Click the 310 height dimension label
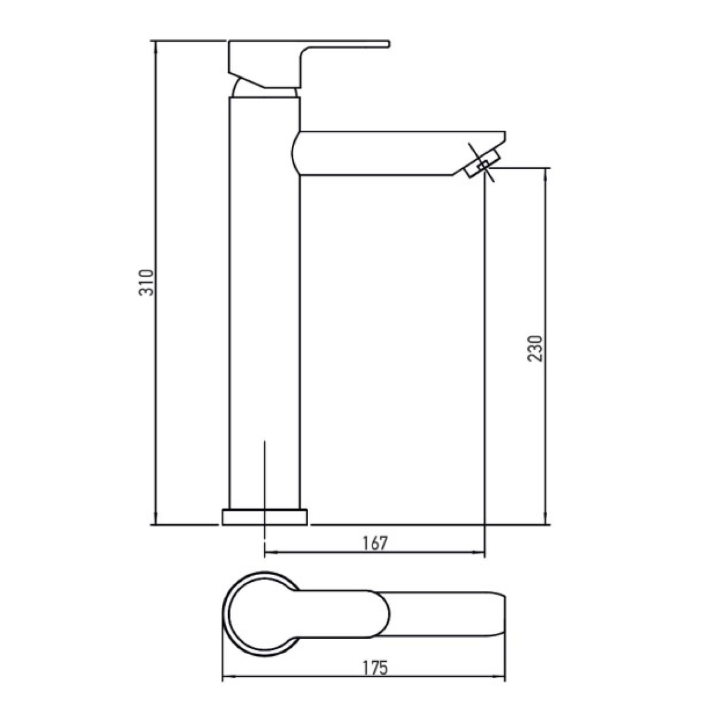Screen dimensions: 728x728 pyautogui.click(x=147, y=282)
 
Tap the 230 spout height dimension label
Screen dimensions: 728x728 pyautogui.click(x=535, y=348)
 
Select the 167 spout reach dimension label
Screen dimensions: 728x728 pyautogui.click(x=375, y=543)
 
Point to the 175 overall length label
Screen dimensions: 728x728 pyautogui.click(x=375, y=667)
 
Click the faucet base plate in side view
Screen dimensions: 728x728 pyautogui.click(x=265, y=517)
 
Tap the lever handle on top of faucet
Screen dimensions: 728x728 pyautogui.click(x=309, y=64)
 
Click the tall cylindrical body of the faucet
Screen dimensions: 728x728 pyautogui.click(x=265, y=302)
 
